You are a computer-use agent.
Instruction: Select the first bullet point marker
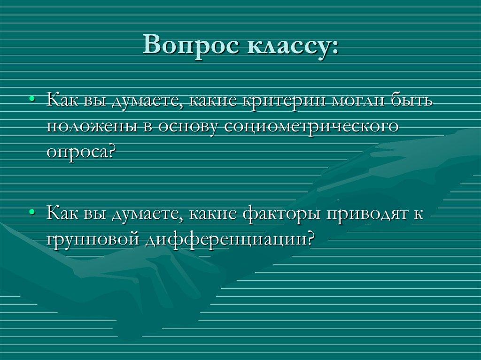click(x=32, y=100)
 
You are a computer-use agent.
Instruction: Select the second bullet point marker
click(x=32, y=212)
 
